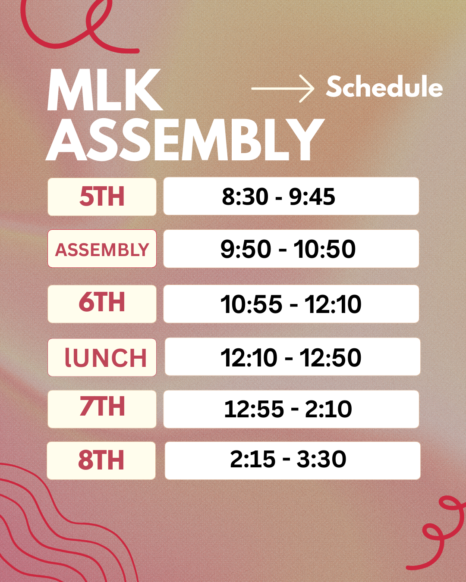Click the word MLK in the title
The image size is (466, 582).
105,90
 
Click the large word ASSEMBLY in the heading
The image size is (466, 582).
185,140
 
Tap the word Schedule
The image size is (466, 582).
384,87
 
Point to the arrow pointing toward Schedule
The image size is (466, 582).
283,89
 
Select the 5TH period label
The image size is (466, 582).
102,196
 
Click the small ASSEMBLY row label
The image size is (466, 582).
102,250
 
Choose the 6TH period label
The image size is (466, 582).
102,302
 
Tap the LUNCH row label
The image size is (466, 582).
106,357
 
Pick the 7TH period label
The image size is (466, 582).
102,407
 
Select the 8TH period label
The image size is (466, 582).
101,460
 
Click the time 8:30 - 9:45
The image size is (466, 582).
278,196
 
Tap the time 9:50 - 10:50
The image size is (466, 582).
288,249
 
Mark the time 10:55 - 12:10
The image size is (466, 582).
291,304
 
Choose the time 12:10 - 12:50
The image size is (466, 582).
291,357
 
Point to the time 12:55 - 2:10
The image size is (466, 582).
288,409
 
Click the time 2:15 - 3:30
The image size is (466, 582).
288,459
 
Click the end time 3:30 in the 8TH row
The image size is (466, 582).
321,459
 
